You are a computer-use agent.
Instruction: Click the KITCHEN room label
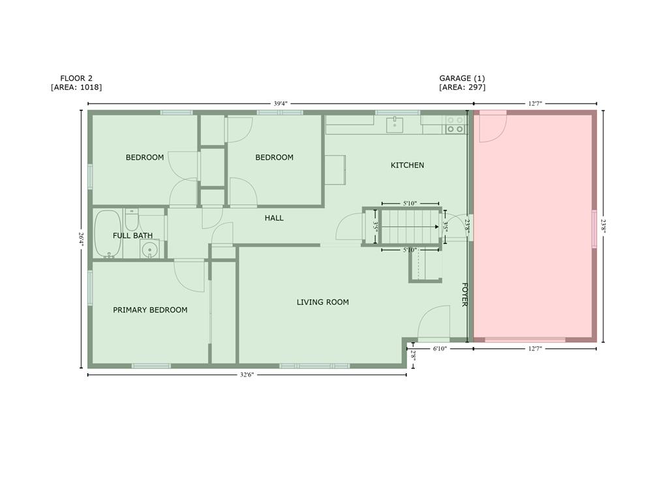407,165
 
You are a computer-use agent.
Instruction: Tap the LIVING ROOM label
322,302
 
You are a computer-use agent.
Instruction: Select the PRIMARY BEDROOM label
150,310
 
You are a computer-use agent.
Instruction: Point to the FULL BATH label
132,235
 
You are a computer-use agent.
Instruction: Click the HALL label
274,218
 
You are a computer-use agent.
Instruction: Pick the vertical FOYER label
465,294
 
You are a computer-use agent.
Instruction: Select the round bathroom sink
151,249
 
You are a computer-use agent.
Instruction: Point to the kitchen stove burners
455,125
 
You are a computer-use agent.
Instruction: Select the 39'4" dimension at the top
281,104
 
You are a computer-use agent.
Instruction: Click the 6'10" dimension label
440,349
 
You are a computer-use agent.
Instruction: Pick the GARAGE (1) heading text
462,78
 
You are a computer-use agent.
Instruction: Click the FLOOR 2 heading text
76,78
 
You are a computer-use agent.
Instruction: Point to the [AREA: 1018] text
76,87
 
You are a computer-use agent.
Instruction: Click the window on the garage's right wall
594,229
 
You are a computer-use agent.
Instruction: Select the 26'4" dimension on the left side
81,239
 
